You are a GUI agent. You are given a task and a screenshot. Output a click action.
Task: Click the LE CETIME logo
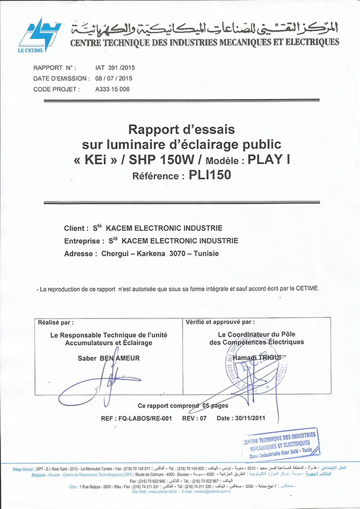pyautogui.click(x=39, y=34)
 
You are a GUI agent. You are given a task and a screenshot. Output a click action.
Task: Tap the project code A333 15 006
pyautogui.click(x=113, y=89)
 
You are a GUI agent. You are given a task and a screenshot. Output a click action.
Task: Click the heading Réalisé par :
pyautogui.click(x=55, y=322)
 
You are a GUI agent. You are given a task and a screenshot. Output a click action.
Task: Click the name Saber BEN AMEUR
pyautogui.click(x=108, y=358)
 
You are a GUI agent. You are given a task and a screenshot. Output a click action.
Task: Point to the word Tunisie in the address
pyautogui.click(x=206, y=253)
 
